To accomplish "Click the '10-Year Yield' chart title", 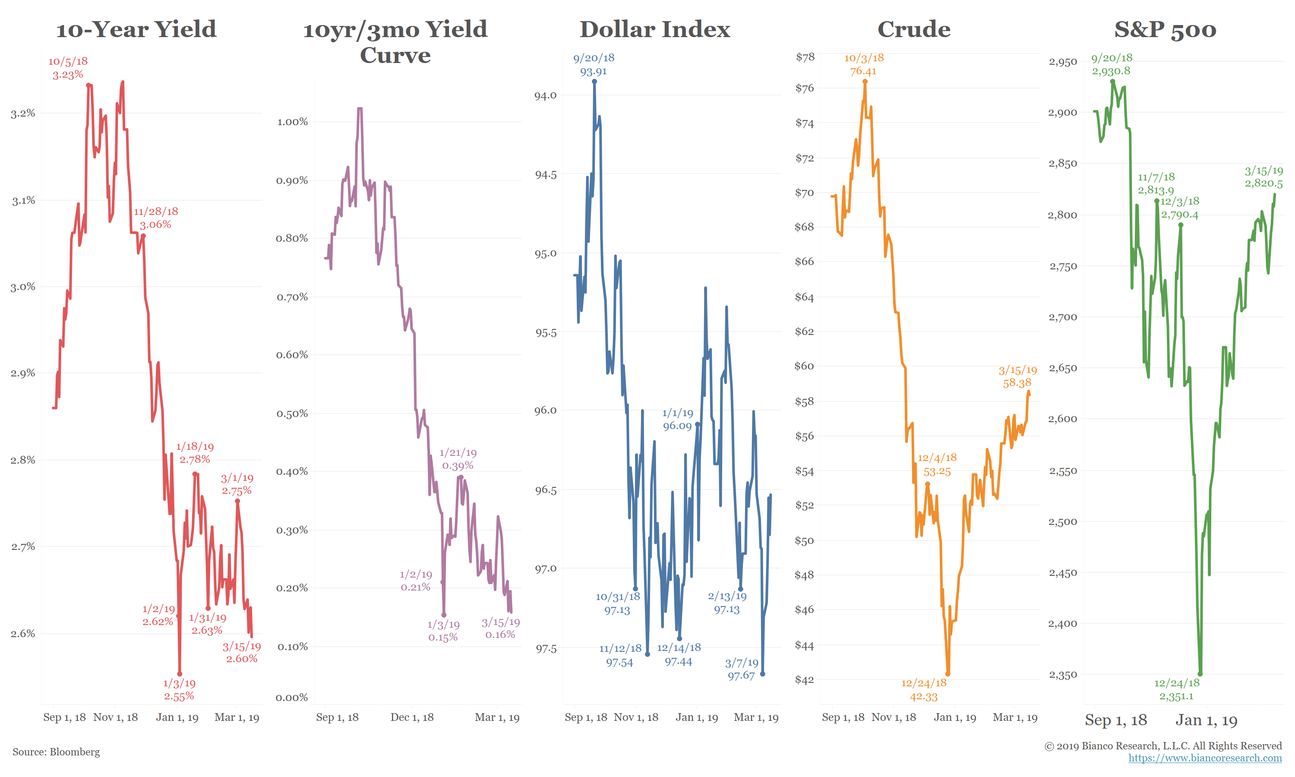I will [x=136, y=29].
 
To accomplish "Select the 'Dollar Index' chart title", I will [x=654, y=29].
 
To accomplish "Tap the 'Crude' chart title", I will [x=913, y=29].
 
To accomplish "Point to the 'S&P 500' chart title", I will [x=1165, y=29].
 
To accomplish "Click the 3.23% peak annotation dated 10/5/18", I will [x=68, y=68].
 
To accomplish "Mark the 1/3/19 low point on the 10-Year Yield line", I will [x=180, y=674].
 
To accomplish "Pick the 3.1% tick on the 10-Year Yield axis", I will [x=24, y=201].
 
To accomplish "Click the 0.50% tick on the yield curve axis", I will [x=292, y=414].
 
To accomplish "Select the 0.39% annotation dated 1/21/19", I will [x=458, y=459].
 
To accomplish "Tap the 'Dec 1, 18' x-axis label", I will [x=412, y=717].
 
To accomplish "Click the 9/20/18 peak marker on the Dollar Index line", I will [x=595, y=82].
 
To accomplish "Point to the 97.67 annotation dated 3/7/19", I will [x=741, y=669].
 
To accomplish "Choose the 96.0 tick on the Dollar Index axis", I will [x=546, y=410].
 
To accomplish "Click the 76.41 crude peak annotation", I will [x=864, y=64].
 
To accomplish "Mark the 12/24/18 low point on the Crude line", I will [x=948, y=674].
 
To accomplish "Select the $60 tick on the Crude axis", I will [x=805, y=366].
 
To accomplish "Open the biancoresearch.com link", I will [x=1205, y=758].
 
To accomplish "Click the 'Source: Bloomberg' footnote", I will [x=56, y=752].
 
